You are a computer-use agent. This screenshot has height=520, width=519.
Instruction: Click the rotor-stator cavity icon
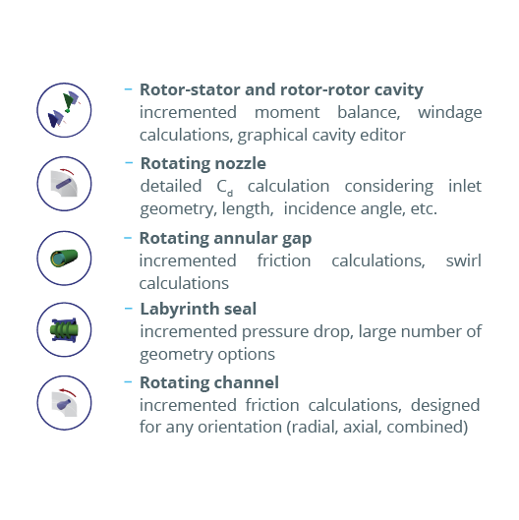pyautogui.click(x=64, y=110)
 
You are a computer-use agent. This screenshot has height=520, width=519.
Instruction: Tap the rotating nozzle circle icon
pyautogui.click(x=64, y=184)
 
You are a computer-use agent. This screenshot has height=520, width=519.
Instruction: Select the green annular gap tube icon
pyautogui.click(x=64, y=258)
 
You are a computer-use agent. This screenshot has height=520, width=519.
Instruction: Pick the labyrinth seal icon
pyautogui.click(x=64, y=329)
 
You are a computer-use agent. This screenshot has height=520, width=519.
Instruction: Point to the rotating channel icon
pyautogui.click(x=64, y=403)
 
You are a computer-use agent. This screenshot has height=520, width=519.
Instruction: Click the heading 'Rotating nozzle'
pyautogui.click(x=202, y=163)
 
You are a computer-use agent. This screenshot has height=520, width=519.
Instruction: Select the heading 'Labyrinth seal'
pyautogui.click(x=198, y=309)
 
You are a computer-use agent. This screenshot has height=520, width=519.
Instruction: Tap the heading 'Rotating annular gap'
pyautogui.click(x=225, y=239)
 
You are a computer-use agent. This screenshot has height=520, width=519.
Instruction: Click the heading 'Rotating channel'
pyautogui.click(x=209, y=382)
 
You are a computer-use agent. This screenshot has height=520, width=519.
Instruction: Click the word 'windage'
pyautogui.click(x=449, y=113)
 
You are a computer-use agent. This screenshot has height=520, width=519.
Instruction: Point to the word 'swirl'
pyautogui.click(x=464, y=260)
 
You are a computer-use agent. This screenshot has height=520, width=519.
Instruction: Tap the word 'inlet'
pyautogui.click(x=465, y=186)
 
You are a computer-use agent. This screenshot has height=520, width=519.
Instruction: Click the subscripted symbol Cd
pyautogui.click(x=224, y=188)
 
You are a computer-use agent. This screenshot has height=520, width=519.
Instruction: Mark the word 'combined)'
pyautogui.click(x=428, y=428)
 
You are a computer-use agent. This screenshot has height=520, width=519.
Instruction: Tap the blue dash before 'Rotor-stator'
pyautogui.click(x=128, y=89)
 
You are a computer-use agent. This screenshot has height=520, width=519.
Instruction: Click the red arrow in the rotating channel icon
pyautogui.click(x=68, y=392)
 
